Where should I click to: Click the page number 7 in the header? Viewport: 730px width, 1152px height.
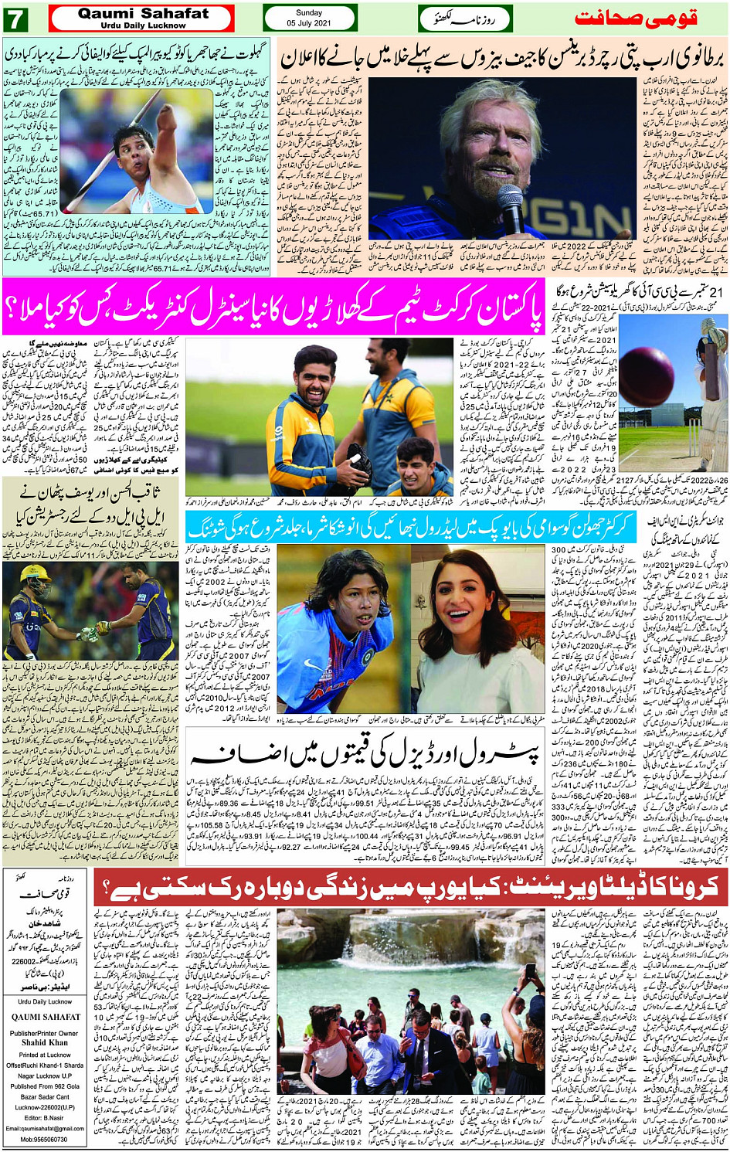click(x=15, y=19)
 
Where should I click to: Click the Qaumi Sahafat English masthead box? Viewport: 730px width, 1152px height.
click(x=141, y=18)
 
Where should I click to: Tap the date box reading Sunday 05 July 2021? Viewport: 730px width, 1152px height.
click(x=310, y=18)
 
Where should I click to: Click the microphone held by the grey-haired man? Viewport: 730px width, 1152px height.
click(x=510, y=205)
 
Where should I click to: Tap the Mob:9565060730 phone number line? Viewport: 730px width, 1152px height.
click(x=45, y=1139)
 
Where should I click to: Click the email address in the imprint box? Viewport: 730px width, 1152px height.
click(x=45, y=1128)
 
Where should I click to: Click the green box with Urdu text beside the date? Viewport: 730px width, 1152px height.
click(x=466, y=18)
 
